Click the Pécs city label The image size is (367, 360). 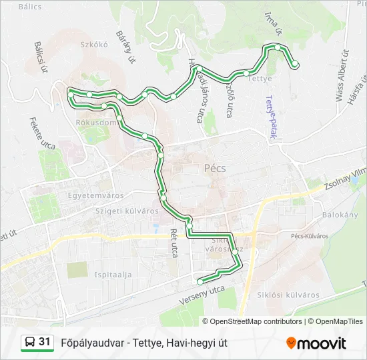pos(214,169)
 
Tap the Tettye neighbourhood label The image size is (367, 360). pos(260,79)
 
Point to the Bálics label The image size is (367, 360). pos(30,7)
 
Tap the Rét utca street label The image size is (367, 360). pos(174,243)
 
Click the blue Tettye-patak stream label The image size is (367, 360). pos(272,117)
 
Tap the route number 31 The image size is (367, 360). pos(45,342)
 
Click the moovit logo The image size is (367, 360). pos(316,343)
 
